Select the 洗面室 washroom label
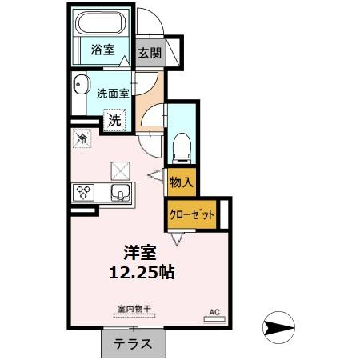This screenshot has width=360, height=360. (x=113, y=93)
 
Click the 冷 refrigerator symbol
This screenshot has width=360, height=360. (x=82, y=138)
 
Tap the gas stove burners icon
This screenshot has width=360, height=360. (x=84, y=192)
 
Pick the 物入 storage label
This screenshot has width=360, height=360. (x=182, y=182)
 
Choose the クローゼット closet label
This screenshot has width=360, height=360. (x=192, y=214)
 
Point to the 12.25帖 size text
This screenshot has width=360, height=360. (x=142, y=272)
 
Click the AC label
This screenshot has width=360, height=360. (x=214, y=311)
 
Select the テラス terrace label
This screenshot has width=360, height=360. (x=133, y=345)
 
